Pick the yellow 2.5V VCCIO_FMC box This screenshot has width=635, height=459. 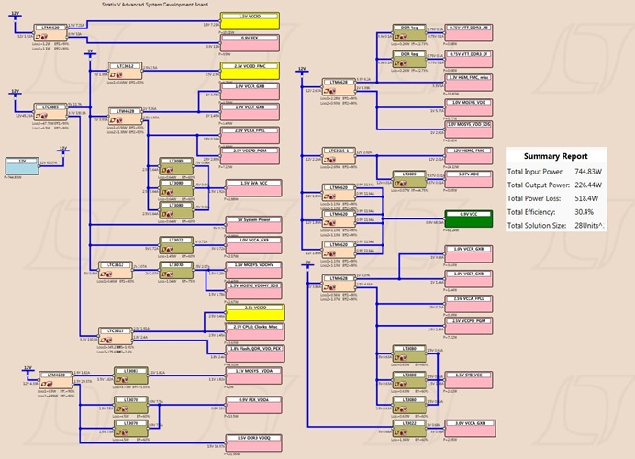[252, 70]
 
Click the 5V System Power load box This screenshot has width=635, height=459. [252, 222]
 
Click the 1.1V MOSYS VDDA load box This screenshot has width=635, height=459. [252, 374]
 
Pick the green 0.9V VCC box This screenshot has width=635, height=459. [469, 217]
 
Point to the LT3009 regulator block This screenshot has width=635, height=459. [406, 175]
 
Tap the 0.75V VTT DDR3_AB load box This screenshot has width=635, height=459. [469, 31]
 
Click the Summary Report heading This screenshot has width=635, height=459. [554, 156]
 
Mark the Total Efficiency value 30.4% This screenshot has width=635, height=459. [585, 211]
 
